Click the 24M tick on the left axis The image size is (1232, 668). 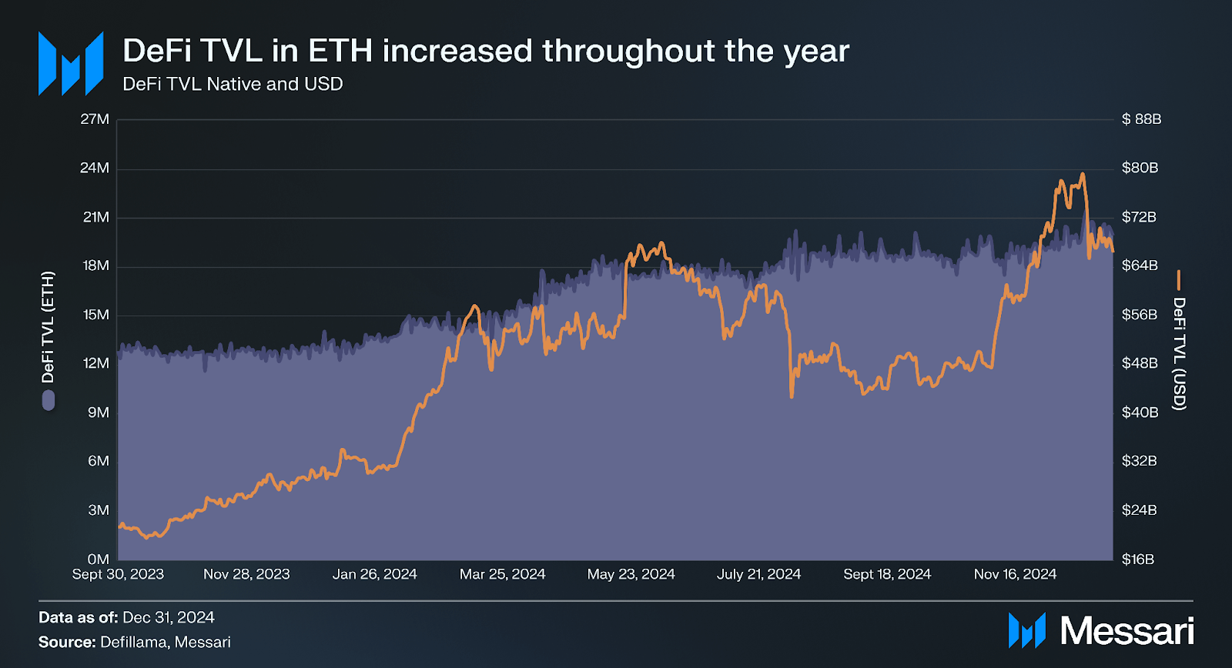(95, 168)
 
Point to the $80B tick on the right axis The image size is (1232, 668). (1140, 168)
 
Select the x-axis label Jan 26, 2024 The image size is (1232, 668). (374, 574)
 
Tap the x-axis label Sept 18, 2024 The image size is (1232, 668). (887, 574)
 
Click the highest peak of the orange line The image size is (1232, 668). (1083, 175)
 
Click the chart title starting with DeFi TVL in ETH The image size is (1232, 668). (485, 51)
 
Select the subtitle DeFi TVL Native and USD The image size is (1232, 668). (233, 84)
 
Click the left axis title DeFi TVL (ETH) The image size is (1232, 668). (49, 327)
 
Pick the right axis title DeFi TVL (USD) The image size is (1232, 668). (1179, 354)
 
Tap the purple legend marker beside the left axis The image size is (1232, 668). (49, 400)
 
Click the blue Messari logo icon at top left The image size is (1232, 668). (71, 64)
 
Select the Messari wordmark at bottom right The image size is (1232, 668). (1127, 631)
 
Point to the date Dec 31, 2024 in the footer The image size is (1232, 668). (168, 617)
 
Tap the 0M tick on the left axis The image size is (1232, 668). (98, 559)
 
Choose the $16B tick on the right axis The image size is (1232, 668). (1138, 559)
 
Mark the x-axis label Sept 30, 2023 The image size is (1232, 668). (118, 574)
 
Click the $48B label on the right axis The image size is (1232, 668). (1140, 363)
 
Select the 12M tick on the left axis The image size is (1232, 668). (96, 363)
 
